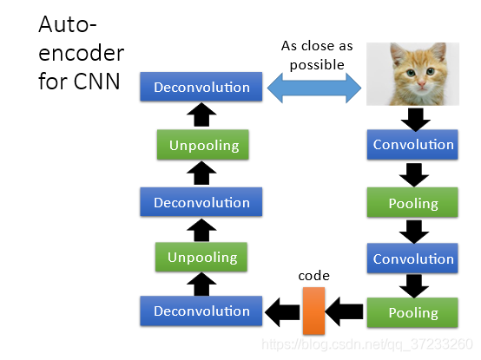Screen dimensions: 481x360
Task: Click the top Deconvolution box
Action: pyautogui.click(x=201, y=87)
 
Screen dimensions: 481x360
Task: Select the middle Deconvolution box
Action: pyautogui.click(x=201, y=202)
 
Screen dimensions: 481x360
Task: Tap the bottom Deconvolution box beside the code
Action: pyautogui.click(x=201, y=311)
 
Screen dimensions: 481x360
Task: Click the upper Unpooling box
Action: pyautogui.click(x=203, y=145)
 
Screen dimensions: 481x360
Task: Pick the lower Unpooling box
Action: pyautogui.click(x=201, y=257)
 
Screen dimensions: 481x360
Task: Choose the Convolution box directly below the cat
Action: pyautogui.click(x=412, y=144)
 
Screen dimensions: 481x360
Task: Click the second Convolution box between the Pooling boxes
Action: pyautogui.click(x=412, y=258)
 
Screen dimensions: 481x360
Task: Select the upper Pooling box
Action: pyautogui.click(x=412, y=202)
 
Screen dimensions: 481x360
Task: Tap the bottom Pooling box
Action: pyautogui.click(x=412, y=312)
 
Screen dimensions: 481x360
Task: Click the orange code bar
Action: pyautogui.click(x=313, y=311)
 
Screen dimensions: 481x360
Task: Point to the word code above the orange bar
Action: pyautogui.click(x=313, y=276)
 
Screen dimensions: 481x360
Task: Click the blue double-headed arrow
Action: pyautogui.click(x=314, y=88)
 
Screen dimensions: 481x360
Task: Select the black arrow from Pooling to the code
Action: pyautogui.click(x=344, y=311)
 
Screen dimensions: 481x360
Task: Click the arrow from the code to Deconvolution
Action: pyautogui.click(x=282, y=312)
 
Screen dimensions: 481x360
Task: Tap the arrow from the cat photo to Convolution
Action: pyautogui.click(x=416, y=120)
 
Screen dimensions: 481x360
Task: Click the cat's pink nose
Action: pyautogui.click(x=421, y=83)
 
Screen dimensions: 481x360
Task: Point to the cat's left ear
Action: pyautogui.click(x=398, y=52)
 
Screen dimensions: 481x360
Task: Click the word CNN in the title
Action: pyautogui.click(x=96, y=82)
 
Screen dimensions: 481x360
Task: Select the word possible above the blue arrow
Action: pyautogui.click(x=317, y=65)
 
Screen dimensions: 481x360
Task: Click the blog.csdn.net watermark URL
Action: pyautogui.click(x=367, y=344)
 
